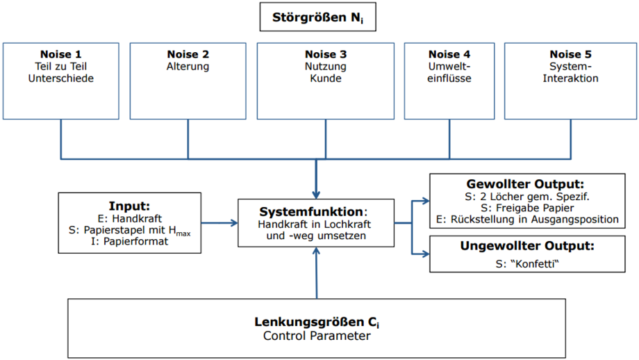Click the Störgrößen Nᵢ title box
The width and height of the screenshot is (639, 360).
(318, 17)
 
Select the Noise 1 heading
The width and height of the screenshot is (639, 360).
(60, 54)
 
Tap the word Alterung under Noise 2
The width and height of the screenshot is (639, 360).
(188, 67)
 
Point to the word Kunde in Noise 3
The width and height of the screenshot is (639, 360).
(326, 79)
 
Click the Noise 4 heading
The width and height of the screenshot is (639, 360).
(449, 54)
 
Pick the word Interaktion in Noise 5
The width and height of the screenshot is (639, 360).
(570, 79)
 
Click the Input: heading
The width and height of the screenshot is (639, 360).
(129, 206)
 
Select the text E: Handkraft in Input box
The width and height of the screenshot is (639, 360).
(130, 218)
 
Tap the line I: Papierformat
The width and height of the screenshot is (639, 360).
(130, 241)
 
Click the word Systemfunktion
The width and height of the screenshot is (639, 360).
(311, 211)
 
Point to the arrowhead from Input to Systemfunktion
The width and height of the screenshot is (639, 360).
(234, 223)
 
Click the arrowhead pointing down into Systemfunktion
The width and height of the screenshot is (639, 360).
(316, 195)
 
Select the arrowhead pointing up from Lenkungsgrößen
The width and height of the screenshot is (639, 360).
(316, 251)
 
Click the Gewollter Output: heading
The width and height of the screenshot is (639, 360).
(525, 184)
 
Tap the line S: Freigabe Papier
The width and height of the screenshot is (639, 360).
(527, 208)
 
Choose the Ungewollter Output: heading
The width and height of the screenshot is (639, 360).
(527, 246)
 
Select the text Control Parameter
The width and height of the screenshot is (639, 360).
(317, 336)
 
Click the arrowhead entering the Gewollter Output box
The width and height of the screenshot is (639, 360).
(426, 201)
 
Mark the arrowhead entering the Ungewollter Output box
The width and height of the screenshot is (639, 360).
(426, 254)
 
